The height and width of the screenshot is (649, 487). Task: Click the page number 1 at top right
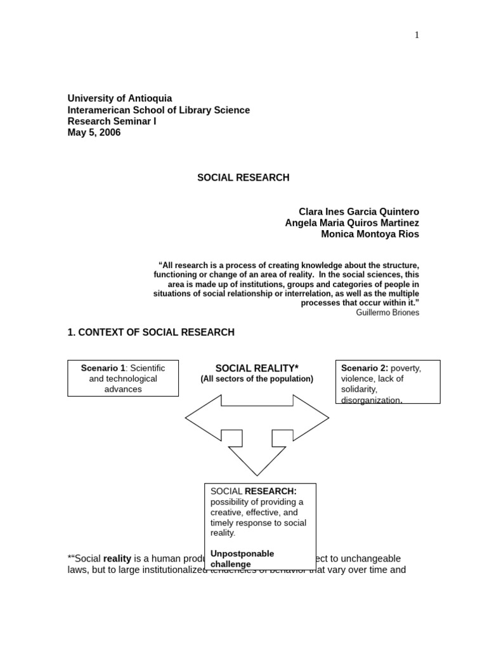[x=417, y=35]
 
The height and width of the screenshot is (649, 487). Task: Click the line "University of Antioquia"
[x=120, y=98]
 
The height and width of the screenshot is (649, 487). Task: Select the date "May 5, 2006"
[x=94, y=132]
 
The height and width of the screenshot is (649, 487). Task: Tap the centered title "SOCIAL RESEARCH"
[x=243, y=177]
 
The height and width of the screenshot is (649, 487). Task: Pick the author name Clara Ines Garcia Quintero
[x=359, y=212]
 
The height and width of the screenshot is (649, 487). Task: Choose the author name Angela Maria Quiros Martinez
[x=352, y=223]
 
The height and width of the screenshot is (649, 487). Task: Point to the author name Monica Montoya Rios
[x=370, y=235]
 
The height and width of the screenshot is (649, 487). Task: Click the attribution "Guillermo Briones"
[x=387, y=312]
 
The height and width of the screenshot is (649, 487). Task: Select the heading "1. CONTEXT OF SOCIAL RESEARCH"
[x=151, y=332]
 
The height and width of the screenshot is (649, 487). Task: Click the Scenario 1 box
[x=123, y=378]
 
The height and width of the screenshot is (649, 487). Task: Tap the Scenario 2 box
[x=387, y=382]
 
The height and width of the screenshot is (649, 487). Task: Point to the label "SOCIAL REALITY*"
[x=257, y=368]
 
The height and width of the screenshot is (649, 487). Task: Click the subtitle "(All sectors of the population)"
[x=257, y=379]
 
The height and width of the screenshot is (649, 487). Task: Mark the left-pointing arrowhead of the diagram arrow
[x=202, y=418]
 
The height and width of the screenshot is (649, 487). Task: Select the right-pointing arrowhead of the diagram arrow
[x=312, y=418]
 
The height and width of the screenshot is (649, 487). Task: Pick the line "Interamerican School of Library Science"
[x=159, y=110]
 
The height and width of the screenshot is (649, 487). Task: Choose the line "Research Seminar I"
[x=112, y=121]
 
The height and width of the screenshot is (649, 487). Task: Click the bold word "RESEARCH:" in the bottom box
[x=271, y=491]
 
